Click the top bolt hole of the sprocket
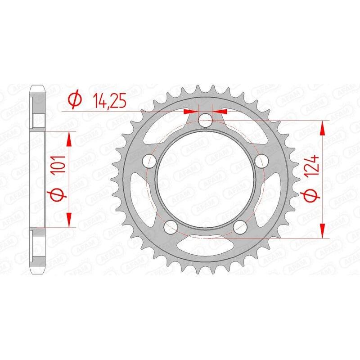click(x=206, y=119)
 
